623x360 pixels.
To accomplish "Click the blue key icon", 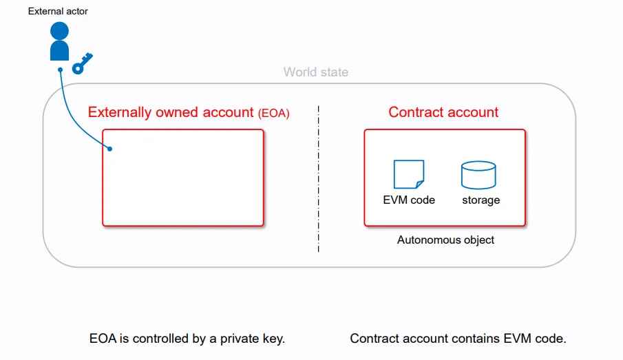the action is pyautogui.click(x=82, y=64).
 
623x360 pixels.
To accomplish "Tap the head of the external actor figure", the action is pyautogui.click(x=60, y=30).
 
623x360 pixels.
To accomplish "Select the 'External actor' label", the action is pyautogui.click(x=58, y=11).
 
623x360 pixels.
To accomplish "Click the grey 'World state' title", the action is pyautogui.click(x=316, y=72).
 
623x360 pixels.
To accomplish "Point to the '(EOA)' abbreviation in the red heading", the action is pyautogui.click(x=274, y=114).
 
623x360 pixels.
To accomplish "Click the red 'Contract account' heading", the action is pyautogui.click(x=443, y=112).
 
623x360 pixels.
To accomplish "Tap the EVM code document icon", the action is pyautogui.click(x=409, y=174).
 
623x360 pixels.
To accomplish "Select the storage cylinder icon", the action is pyautogui.click(x=478, y=175).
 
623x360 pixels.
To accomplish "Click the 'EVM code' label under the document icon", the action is pyautogui.click(x=409, y=200).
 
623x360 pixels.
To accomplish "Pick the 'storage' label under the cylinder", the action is pyautogui.click(x=481, y=200).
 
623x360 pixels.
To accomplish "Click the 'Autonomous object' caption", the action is pyautogui.click(x=446, y=240).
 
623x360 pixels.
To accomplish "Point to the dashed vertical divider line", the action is pyautogui.click(x=319, y=179).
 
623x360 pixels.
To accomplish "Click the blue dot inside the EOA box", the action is pyautogui.click(x=109, y=149).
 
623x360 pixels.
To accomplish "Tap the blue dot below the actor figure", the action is pyautogui.click(x=61, y=70).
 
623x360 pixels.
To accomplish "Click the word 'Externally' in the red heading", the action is pyautogui.click(x=120, y=112).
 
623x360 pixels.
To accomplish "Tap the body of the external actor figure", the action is pyautogui.click(x=60, y=50).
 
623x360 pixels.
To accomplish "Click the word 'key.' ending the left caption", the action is pyautogui.click(x=274, y=339).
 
